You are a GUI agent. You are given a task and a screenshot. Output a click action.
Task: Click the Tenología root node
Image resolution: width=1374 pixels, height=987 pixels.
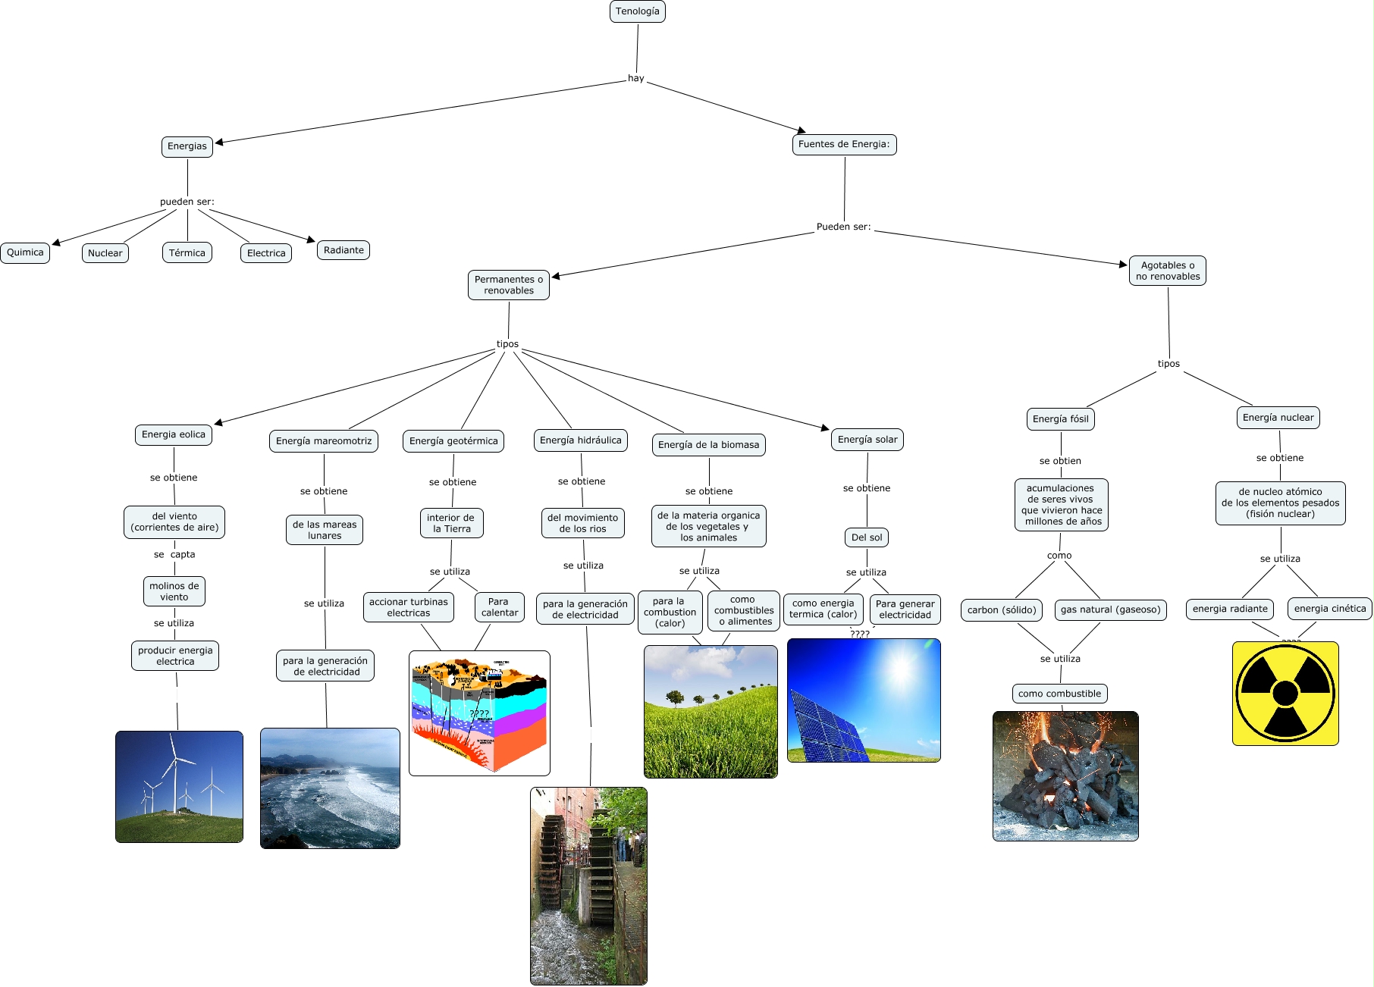637,11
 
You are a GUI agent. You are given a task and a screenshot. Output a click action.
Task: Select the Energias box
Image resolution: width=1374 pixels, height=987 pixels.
187,146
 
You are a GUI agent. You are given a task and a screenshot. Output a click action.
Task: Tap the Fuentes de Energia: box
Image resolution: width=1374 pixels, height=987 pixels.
844,144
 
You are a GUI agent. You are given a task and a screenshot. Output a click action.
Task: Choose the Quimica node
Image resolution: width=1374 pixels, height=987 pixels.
25,252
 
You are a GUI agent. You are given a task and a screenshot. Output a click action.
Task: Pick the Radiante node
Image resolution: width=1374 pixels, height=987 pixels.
343,250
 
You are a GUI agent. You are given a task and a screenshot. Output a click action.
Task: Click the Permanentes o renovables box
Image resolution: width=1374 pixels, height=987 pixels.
508,285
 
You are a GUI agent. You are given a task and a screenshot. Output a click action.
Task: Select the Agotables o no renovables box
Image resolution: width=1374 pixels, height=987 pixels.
1167,271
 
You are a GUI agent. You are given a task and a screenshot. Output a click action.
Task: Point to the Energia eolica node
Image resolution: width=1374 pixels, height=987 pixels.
174,434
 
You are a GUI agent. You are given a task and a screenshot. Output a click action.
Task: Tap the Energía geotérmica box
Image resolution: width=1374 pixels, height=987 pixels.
453,441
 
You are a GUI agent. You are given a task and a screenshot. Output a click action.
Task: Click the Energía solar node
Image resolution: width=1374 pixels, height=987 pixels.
867,440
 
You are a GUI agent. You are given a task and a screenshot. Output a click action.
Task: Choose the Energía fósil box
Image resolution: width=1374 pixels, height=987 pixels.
1060,419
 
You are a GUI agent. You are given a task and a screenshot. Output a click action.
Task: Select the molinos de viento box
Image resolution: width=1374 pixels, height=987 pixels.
174,591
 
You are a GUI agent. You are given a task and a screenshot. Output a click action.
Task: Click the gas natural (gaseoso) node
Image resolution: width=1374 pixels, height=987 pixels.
1110,609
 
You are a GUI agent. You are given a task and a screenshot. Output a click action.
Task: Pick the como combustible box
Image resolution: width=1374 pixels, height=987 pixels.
1059,694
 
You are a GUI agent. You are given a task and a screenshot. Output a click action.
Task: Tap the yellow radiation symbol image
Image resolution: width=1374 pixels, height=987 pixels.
1285,693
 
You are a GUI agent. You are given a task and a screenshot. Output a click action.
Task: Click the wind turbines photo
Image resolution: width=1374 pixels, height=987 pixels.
179,787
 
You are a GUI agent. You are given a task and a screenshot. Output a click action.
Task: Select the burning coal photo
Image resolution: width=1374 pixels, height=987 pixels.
1065,776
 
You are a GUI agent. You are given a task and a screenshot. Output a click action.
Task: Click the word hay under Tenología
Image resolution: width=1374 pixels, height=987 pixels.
635,78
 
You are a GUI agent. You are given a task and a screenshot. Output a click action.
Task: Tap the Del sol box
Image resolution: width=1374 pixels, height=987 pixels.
867,537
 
